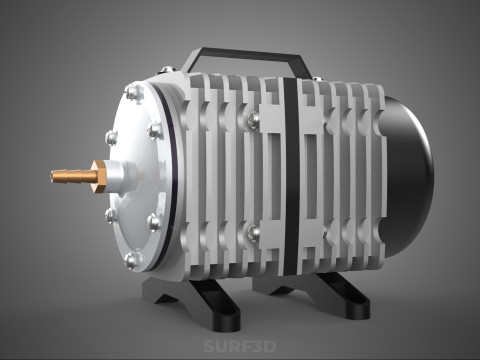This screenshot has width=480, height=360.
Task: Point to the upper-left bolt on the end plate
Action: point(109,136)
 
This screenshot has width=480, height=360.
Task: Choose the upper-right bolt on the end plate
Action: point(154,130)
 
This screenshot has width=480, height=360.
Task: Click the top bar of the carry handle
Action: point(250,51)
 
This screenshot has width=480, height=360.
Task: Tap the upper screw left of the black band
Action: point(253,120)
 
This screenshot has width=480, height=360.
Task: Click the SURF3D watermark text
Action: point(240,348)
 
